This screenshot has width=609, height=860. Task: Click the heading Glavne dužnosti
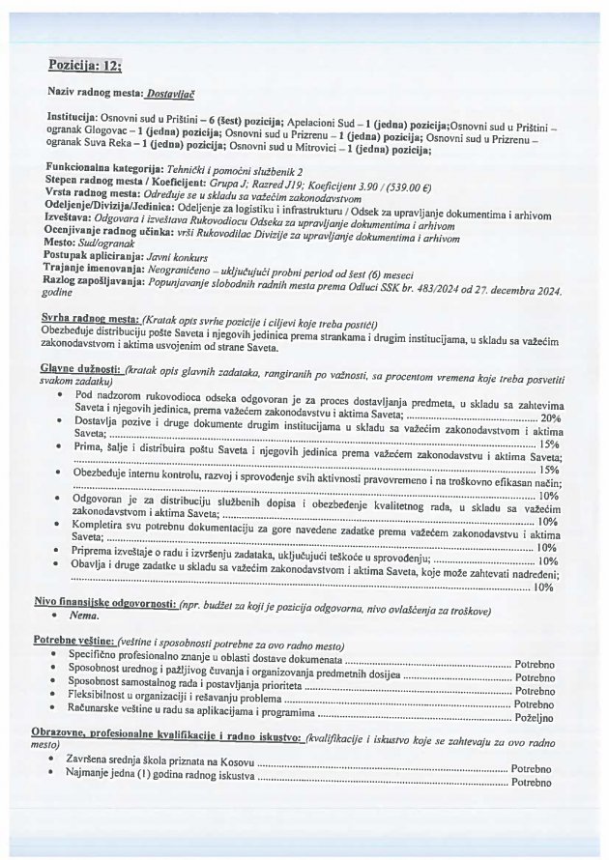[80, 369]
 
